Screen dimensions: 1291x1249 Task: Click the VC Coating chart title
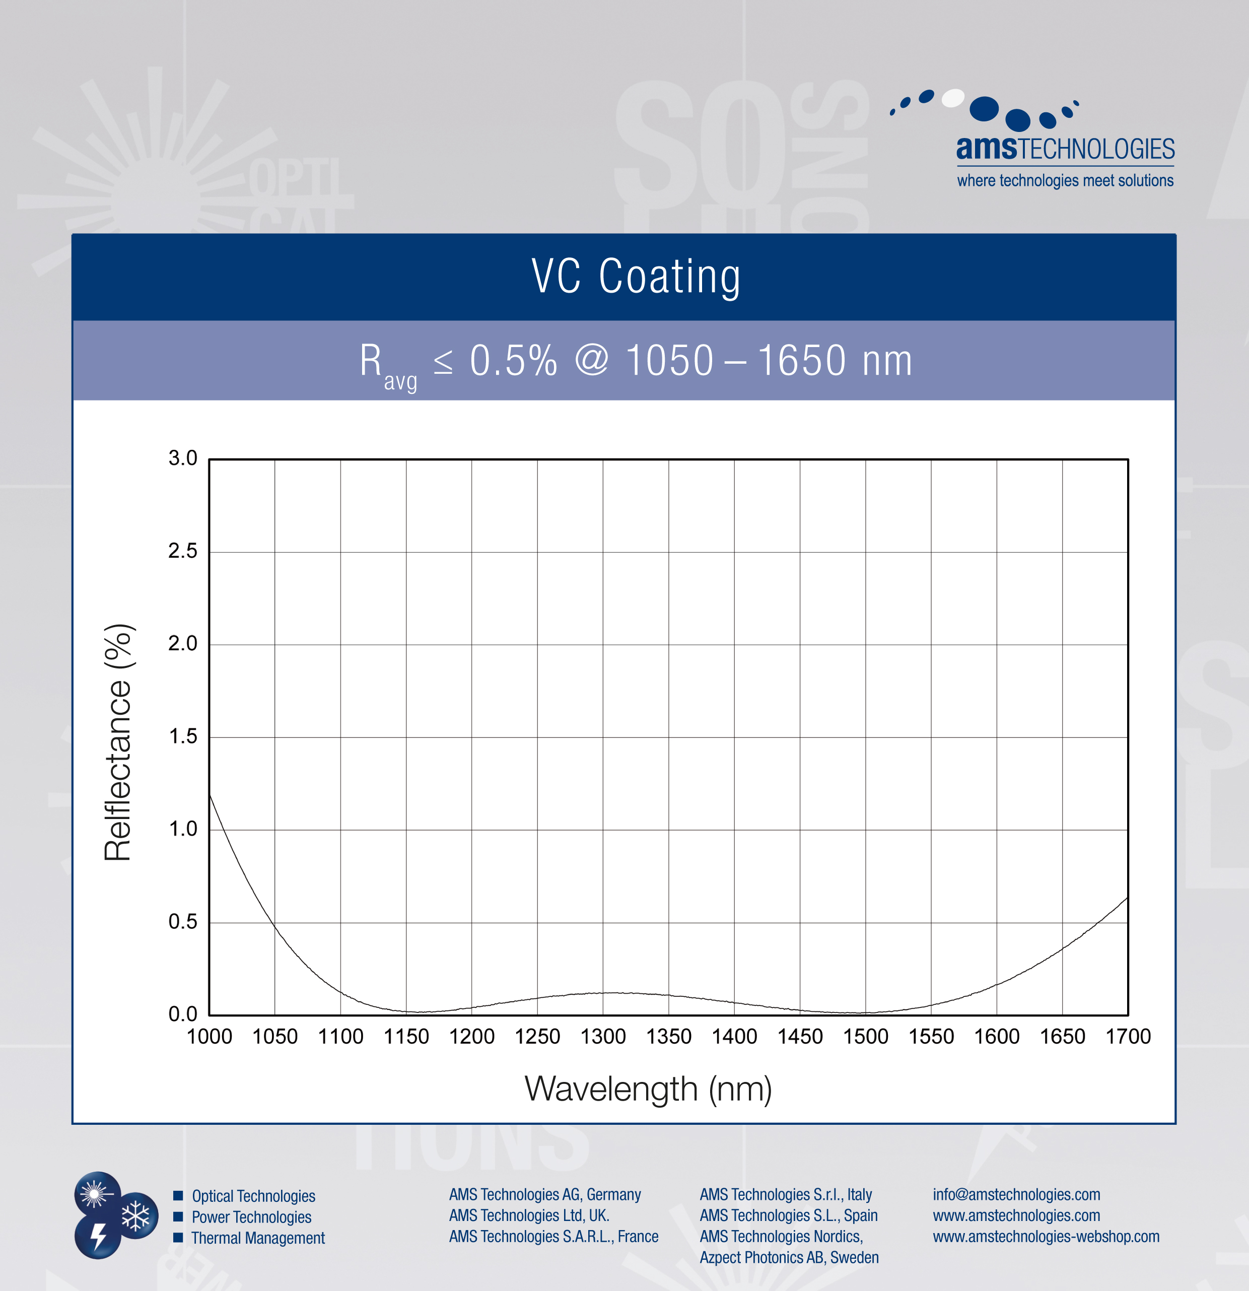click(636, 277)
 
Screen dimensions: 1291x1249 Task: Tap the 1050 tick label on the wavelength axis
click(274, 1037)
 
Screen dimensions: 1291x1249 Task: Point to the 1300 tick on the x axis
click(602, 1037)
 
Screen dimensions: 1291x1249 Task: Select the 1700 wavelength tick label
click(1128, 1037)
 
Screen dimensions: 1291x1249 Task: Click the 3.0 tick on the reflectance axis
click(182, 458)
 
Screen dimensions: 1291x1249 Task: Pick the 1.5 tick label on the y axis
click(182, 736)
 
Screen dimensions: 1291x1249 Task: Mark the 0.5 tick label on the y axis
click(182, 921)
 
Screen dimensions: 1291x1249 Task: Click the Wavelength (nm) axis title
click(648, 1090)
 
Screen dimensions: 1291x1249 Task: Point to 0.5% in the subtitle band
click(514, 361)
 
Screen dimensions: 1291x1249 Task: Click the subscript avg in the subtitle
click(400, 381)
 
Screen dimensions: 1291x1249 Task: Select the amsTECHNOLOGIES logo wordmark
click(1065, 149)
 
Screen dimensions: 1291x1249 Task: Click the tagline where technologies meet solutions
click(1065, 180)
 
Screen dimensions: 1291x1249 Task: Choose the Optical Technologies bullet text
click(253, 1196)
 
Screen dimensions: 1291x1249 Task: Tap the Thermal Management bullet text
click(258, 1238)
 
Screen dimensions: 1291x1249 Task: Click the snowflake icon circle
click(136, 1215)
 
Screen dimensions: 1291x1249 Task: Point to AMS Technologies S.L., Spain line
click(788, 1216)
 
